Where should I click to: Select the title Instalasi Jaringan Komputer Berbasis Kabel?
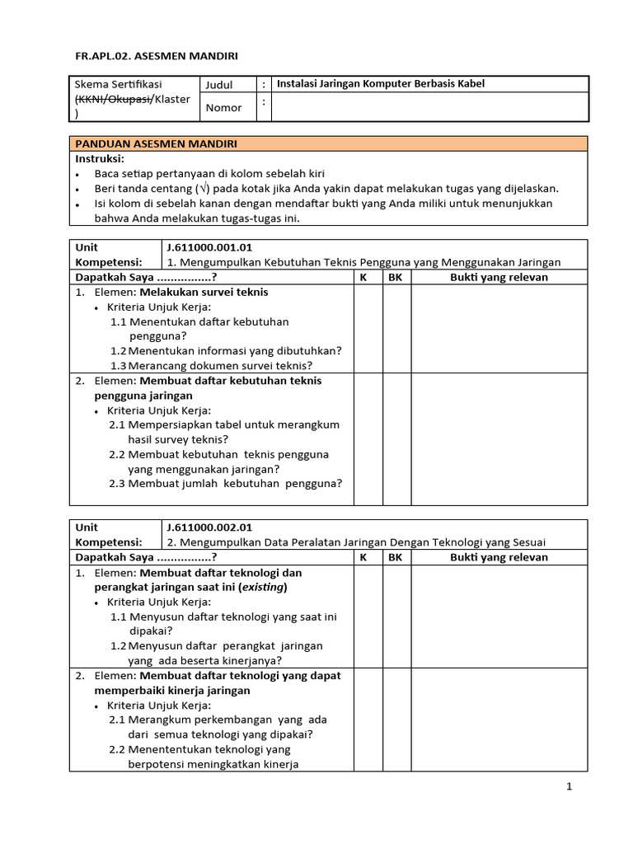click(380, 83)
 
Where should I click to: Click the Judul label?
click(219, 84)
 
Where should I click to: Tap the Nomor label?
click(223, 107)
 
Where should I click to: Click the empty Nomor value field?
click(429, 107)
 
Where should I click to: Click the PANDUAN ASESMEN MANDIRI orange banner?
click(329, 143)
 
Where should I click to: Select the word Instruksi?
click(100, 157)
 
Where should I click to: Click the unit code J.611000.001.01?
click(209, 247)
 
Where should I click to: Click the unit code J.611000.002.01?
click(209, 527)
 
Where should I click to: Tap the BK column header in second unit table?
click(396, 557)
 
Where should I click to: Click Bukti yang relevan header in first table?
click(499, 277)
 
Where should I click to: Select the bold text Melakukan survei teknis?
click(204, 292)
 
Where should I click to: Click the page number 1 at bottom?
click(569, 786)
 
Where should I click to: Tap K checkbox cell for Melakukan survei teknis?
click(368, 328)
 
